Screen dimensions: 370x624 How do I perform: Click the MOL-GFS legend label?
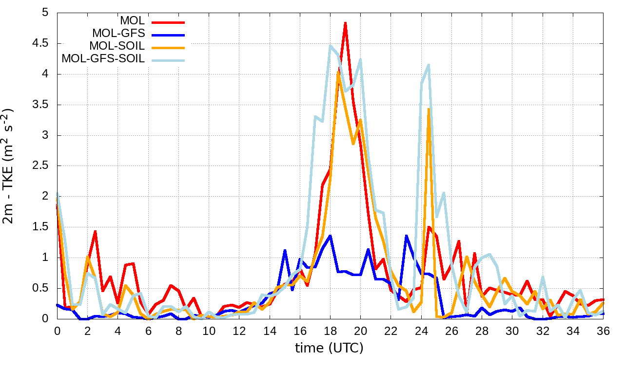click(x=118, y=34)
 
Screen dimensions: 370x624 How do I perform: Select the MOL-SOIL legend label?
click(x=117, y=46)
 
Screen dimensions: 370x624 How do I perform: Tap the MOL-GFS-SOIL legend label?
click(x=103, y=59)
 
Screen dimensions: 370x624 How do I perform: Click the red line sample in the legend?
click(x=168, y=22)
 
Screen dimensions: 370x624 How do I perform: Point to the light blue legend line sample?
click(x=168, y=60)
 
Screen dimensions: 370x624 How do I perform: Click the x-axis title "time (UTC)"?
click(x=329, y=348)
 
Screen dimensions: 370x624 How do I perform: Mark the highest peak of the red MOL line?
click(x=345, y=23)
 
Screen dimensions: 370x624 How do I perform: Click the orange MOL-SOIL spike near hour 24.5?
click(x=429, y=109)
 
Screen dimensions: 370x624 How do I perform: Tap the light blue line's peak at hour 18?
click(x=331, y=46)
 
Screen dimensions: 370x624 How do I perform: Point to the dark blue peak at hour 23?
click(x=406, y=236)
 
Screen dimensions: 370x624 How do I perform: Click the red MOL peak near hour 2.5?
click(x=95, y=232)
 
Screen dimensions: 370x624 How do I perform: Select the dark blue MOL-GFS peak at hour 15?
click(x=285, y=250)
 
